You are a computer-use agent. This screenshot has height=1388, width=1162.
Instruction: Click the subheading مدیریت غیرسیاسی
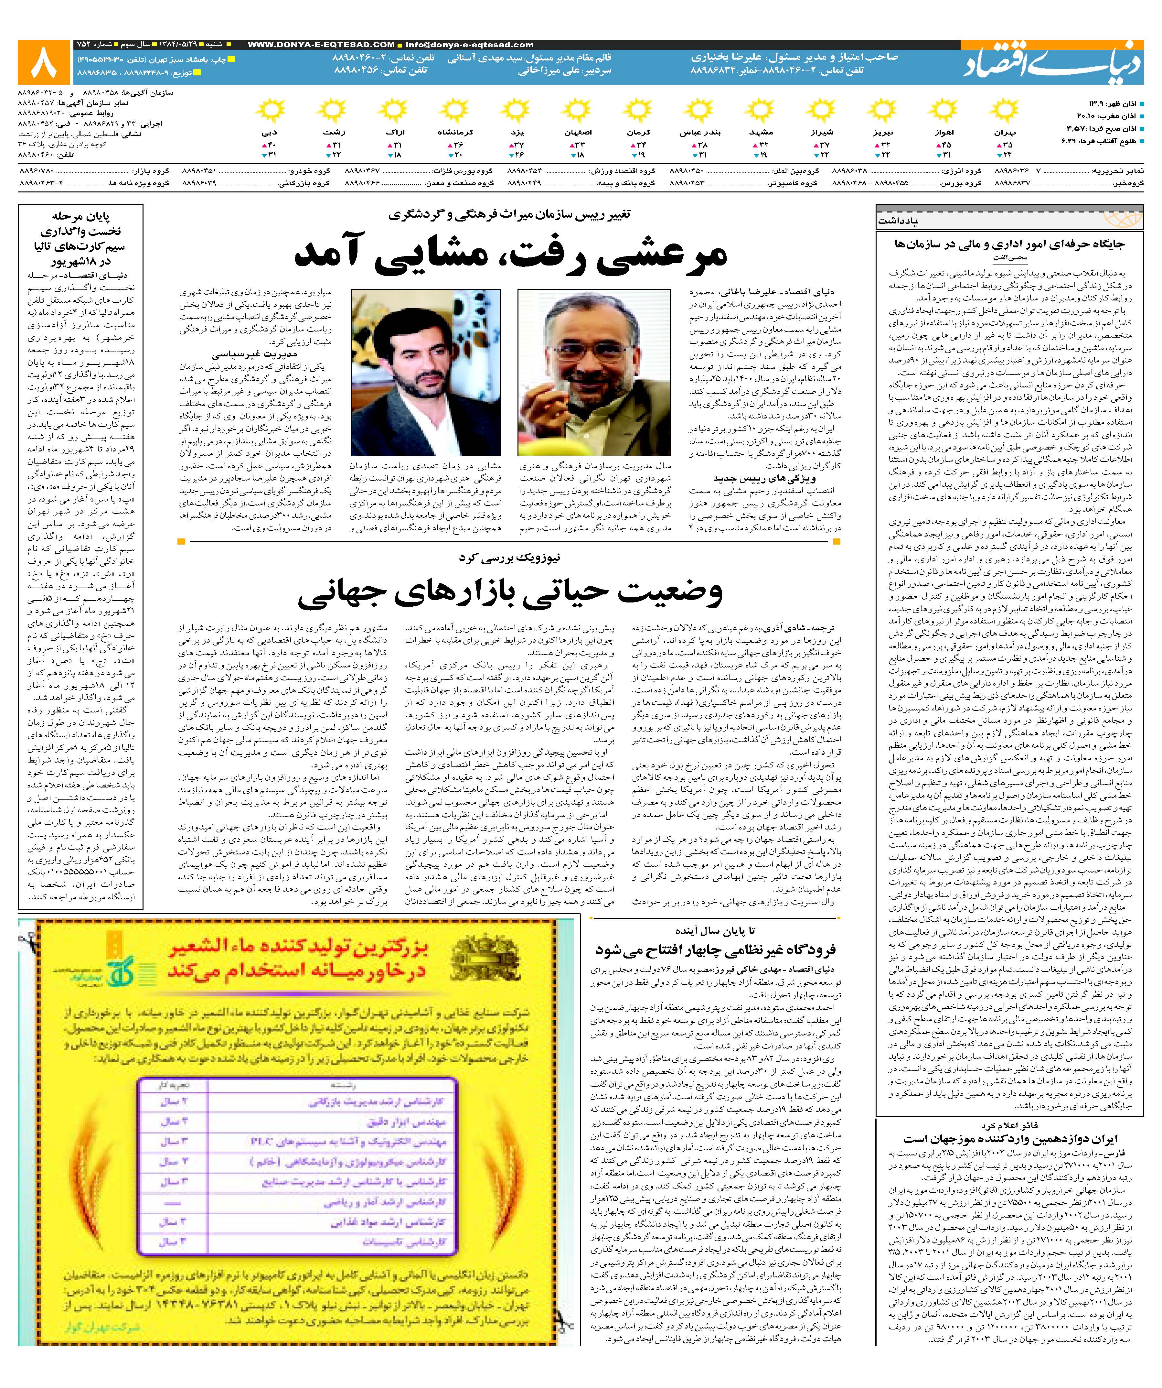pos(254,353)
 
